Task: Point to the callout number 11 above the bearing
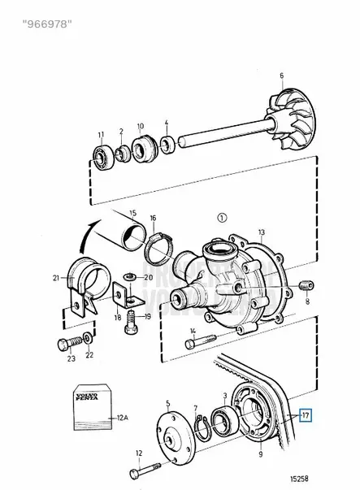[x=101, y=134]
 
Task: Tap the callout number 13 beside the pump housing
[x=261, y=233]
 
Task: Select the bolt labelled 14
[x=201, y=341]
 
